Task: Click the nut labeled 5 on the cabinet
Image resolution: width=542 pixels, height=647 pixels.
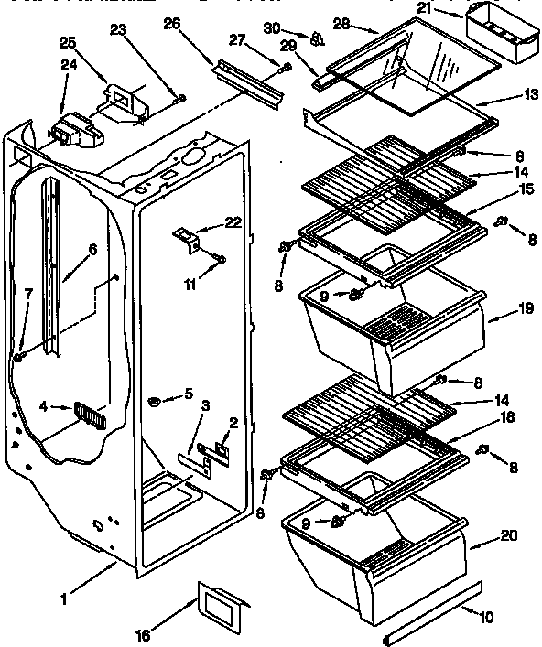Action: click(156, 401)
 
